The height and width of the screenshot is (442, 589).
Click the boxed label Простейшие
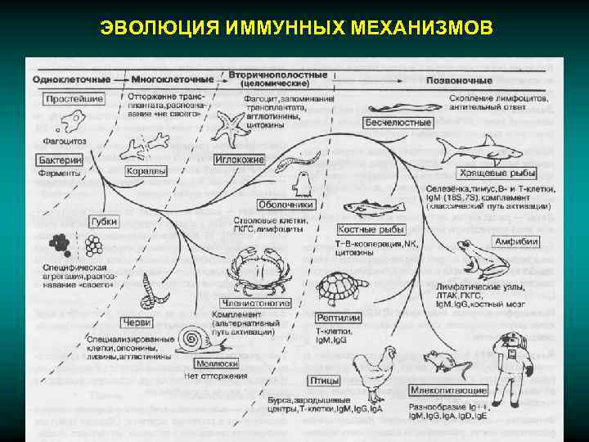click(74, 99)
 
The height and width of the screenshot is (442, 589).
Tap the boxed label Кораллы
click(146, 171)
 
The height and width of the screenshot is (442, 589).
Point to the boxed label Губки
click(105, 222)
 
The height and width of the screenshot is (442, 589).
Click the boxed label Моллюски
click(217, 363)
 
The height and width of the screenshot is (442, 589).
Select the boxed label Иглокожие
click(238, 160)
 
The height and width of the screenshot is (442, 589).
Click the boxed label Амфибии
click(516, 241)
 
